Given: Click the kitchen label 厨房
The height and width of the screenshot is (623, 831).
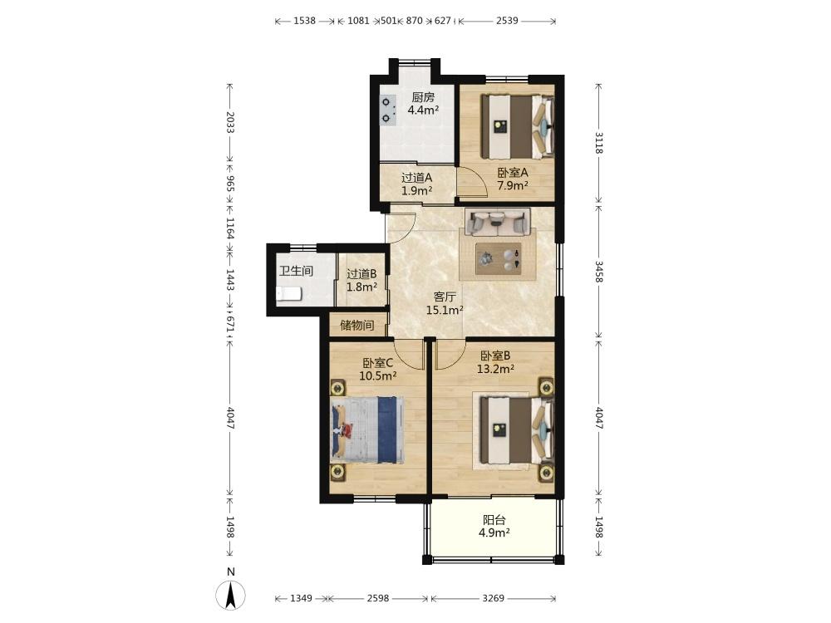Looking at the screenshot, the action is point(424,97).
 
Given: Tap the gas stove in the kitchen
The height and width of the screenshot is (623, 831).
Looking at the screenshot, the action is point(388,110).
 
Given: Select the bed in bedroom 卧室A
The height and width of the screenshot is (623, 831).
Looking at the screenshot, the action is point(517,126).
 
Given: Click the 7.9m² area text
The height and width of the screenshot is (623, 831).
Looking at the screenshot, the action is point(513,185).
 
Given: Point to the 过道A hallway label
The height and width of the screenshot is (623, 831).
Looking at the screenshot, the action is point(416,178).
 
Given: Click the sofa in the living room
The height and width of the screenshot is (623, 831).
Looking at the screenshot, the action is point(498,222).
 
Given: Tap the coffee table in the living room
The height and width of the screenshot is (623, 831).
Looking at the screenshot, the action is point(498,258).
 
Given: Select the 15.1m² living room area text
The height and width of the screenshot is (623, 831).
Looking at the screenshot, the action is point(445,311).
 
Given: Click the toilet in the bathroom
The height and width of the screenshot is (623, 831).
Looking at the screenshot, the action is point(289,293).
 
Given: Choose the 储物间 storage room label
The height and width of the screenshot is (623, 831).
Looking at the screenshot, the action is point(357,325).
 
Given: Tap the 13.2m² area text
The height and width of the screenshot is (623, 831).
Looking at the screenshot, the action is point(495,369).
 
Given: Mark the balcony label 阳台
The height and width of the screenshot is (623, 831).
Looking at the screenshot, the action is point(494,520).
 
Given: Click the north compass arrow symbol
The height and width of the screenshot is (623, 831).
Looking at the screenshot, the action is point(230,595).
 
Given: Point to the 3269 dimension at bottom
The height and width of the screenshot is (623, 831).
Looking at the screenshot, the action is point(494,598).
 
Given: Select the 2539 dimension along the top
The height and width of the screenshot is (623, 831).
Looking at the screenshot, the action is point(507,21).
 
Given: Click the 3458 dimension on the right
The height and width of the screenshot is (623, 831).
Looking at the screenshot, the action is point(598,272).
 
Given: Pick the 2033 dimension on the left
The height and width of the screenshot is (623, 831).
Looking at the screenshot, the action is point(230,122).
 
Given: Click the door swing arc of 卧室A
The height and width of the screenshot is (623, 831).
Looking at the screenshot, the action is point(475,179).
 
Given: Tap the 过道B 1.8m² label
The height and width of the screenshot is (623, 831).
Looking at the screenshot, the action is point(362,281).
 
